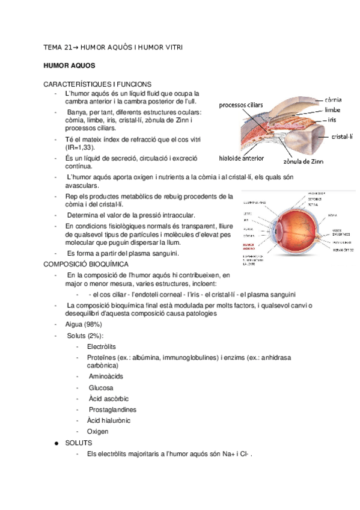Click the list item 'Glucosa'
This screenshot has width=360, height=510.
[x=100, y=388]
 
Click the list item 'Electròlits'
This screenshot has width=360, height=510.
[x=102, y=347]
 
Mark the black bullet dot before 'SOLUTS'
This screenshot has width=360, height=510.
[x=56, y=443]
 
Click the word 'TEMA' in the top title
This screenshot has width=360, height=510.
[x=54, y=46]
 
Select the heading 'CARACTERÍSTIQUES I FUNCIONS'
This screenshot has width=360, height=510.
[x=97, y=84]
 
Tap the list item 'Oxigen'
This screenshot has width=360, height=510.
[x=98, y=431]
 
